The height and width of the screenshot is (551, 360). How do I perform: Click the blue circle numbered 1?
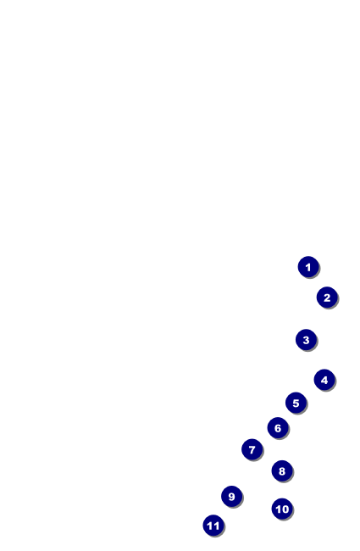point(308,267)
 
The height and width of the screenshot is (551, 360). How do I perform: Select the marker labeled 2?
point(327,298)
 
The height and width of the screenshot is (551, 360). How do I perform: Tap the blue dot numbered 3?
point(307,339)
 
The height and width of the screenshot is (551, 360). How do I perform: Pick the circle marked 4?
point(324,380)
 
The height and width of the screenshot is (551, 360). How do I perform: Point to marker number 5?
point(296,403)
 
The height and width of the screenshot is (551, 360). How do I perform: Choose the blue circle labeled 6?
point(278,427)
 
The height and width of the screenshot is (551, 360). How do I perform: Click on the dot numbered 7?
point(252,449)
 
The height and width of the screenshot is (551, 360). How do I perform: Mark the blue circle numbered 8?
point(282,470)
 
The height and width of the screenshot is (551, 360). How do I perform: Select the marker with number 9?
point(232,496)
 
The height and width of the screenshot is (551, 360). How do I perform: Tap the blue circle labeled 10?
point(282,509)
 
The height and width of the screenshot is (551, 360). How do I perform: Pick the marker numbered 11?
point(213,526)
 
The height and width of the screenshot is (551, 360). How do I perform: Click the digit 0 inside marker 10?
point(285,509)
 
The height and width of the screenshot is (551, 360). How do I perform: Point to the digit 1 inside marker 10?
point(279,509)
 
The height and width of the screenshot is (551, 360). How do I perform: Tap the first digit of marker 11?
point(210,526)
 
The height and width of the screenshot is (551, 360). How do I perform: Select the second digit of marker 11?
point(216,526)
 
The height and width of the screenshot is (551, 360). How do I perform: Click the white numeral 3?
point(307,340)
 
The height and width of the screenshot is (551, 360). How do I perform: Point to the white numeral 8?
point(282,471)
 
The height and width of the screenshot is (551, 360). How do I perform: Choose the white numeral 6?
point(278,428)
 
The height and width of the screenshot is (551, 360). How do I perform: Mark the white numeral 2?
point(327,298)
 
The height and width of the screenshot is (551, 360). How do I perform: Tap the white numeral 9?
point(232,497)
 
